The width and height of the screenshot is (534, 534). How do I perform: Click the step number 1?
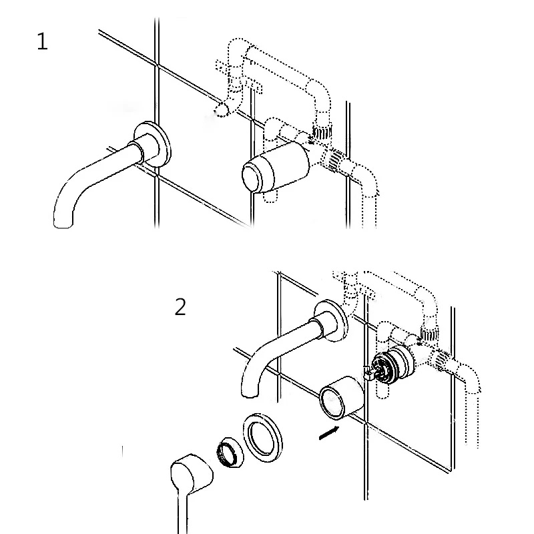tap(42, 41)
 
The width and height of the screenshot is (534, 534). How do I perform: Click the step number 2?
tap(180, 307)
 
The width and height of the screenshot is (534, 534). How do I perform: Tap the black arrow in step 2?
tap(329, 433)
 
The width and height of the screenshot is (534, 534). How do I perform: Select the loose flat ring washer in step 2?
tap(262, 438)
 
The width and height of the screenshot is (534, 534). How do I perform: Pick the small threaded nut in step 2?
tap(230, 452)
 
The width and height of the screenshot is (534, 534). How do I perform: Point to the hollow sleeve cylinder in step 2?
tap(342, 398)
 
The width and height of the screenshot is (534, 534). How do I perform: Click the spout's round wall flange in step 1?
tap(153, 144)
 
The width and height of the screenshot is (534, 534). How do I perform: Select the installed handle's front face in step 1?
tap(253, 178)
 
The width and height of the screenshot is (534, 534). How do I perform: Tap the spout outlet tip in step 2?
tap(250, 393)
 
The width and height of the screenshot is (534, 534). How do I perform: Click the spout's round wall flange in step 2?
tap(331, 321)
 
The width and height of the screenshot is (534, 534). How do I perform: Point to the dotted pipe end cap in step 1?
tap(222, 109)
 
